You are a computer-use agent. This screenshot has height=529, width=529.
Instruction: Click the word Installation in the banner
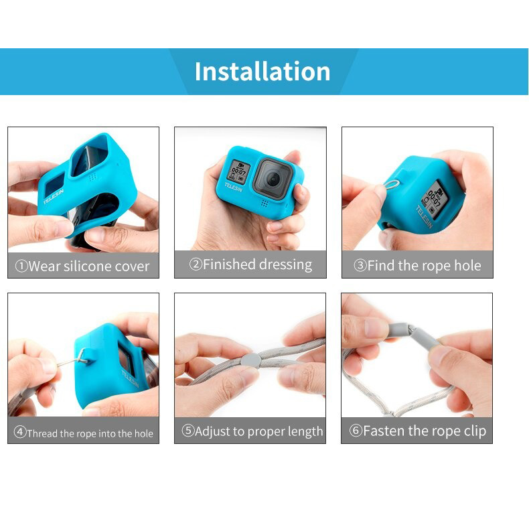(262, 71)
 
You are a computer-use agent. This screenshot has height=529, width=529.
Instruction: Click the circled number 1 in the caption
(21, 267)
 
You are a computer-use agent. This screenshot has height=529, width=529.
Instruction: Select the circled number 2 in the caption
(196, 264)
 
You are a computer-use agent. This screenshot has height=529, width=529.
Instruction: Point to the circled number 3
(360, 266)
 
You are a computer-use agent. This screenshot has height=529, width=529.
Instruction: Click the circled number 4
(20, 433)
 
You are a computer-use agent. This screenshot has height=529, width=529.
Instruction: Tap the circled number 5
(187, 431)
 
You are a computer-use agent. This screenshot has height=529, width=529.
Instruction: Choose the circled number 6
(356, 431)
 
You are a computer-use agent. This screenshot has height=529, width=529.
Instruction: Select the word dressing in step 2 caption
(285, 264)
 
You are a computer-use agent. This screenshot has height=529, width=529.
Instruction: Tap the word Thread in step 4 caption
(42, 433)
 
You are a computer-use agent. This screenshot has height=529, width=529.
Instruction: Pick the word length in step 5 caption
(303, 431)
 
